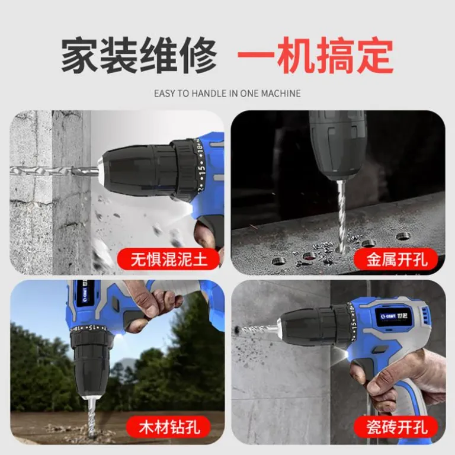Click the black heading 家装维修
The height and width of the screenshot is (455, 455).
tap(139, 55)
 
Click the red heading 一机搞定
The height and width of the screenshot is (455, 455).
tap(315, 55)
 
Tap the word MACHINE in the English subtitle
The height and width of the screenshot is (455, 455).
tap(281, 94)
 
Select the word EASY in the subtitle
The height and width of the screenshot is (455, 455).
tap(164, 94)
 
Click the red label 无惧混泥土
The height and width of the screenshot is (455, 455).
tap(168, 259)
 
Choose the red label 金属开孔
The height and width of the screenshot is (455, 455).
tap(396, 259)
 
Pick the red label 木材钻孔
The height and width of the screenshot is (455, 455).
tap(169, 427)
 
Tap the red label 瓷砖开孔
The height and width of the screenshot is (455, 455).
tap(396, 427)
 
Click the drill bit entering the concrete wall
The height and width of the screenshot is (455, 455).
tap(55, 171)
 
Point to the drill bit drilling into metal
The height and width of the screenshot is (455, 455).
tap(341, 214)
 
